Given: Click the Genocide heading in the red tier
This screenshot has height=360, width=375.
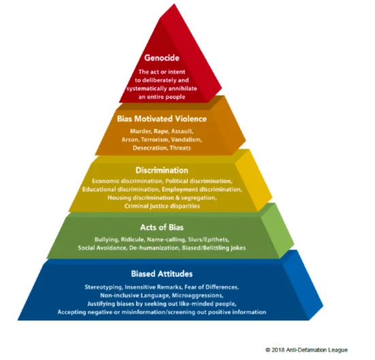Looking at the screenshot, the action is click(x=162, y=58).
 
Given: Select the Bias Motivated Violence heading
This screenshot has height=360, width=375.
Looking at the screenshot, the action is click(x=162, y=119).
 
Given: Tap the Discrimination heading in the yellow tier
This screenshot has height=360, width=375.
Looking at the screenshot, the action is click(x=162, y=170).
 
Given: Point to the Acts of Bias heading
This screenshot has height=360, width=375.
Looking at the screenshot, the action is click(x=162, y=227).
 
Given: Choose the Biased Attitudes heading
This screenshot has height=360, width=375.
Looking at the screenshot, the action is click(x=162, y=274).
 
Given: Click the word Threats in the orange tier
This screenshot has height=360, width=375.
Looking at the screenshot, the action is click(x=180, y=148).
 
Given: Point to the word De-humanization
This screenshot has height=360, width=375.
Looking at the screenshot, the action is click(x=154, y=248).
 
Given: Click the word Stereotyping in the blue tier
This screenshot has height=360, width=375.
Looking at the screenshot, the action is click(x=104, y=287).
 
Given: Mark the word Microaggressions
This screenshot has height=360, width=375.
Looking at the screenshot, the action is click(x=197, y=295).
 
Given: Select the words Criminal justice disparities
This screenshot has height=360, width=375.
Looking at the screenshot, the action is click(x=162, y=206).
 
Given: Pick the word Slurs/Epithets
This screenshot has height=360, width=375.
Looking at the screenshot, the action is click(x=208, y=240).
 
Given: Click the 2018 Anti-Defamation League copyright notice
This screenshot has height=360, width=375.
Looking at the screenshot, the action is click(x=306, y=350).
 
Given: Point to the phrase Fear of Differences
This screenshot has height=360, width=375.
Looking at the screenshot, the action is click(x=212, y=287).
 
